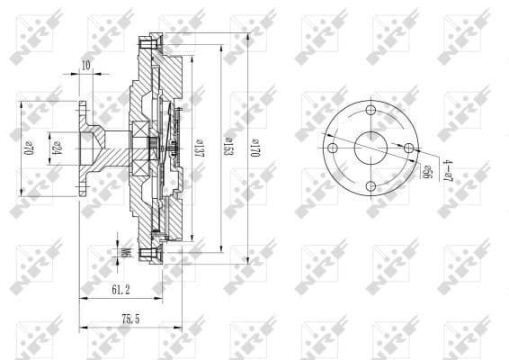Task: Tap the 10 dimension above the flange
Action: point(85,66)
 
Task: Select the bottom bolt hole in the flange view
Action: point(371,187)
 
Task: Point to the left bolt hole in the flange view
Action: point(332,148)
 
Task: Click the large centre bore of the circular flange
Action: point(371,148)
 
